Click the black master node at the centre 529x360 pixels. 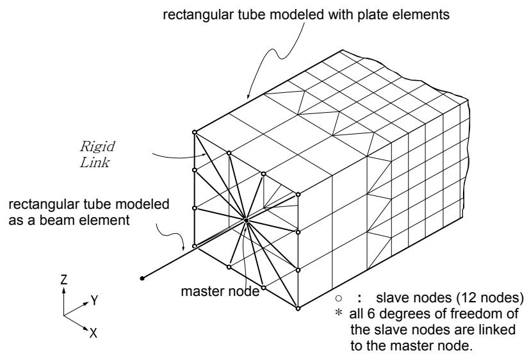(x=247, y=220)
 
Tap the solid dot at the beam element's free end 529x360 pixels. (x=142, y=279)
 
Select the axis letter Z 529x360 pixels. (x=64, y=280)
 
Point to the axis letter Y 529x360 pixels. (x=95, y=300)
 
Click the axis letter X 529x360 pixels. (x=94, y=333)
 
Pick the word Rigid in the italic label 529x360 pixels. (x=97, y=147)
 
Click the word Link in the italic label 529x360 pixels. (x=95, y=162)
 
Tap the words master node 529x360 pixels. (x=220, y=291)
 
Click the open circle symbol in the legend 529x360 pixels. (x=339, y=299)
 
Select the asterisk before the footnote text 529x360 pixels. (x=338, y=313)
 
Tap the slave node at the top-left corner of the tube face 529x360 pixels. (x=194, y=132)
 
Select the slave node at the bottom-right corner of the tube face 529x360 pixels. (x=298, y=308)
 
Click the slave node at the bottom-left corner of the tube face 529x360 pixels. (x=194, y=246)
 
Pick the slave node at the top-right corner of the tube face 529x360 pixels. (x=298, y=194)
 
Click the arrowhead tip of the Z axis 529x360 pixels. (x=64, y=287)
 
